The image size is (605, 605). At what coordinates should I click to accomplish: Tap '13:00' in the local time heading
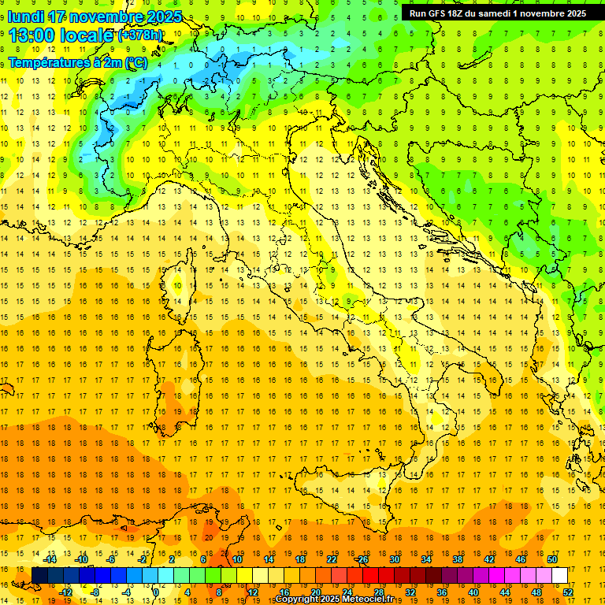point(31,35)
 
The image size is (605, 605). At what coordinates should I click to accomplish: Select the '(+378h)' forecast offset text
point(140,35)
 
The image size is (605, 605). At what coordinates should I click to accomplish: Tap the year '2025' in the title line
point(165,17)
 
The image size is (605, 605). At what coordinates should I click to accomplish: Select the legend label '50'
point(551,559)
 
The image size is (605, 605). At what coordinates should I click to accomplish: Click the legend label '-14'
point(49,559)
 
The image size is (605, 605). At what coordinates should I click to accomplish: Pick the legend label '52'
point(568,592)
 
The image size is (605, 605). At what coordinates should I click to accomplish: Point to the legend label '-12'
point(66,592)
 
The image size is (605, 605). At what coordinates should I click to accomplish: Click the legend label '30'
point(395,559)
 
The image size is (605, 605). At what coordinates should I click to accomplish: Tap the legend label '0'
point(156,592)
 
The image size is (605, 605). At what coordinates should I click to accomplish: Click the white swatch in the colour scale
point(559,576)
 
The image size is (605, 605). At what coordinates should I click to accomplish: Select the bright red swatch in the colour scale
point(370,576)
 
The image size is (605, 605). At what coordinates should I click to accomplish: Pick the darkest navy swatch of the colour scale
point(39,576)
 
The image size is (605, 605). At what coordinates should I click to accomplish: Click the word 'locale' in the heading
point(90,35)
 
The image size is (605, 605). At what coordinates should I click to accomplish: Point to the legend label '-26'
point(362,559)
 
